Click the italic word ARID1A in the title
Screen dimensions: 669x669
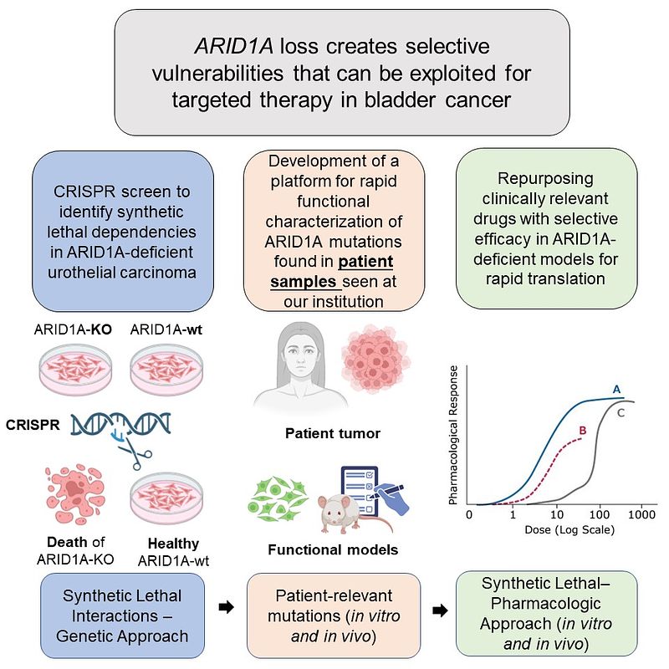(x=234, y=46)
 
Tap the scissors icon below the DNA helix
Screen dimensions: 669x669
(x=135, y=452)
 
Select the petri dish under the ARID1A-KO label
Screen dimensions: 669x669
(x=75, y=368)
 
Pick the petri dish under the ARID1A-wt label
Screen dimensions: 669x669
(x=166, y=368)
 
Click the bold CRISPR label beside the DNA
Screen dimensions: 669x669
(x=33, y=425)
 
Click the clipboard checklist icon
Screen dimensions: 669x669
(x=360, y=491)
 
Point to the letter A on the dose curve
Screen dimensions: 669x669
(x=616, y=389)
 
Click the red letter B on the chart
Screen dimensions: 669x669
(x=583, y=431)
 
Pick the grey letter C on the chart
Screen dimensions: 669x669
(x=620, y=412)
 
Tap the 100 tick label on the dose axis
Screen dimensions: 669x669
(x=599, y=514)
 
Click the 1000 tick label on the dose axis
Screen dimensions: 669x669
(x=641, y=514)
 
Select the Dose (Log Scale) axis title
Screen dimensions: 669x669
(x=569, y=530)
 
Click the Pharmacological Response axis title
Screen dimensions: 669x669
(x=453, y=435)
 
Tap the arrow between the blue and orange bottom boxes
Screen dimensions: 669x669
(x=226, y=607)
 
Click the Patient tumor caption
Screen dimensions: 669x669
(x=333, y=433)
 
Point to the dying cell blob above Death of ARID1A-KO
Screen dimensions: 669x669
(x=75, y=494)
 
